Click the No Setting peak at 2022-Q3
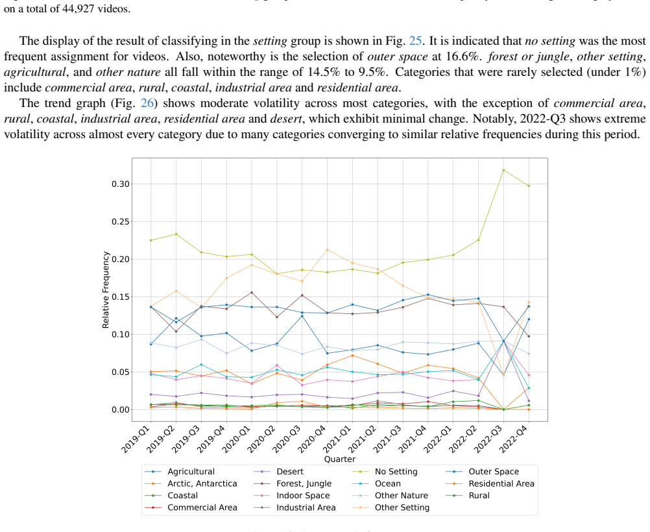[503, 170]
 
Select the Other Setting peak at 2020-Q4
[328, 250]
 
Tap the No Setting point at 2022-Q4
[529, 186]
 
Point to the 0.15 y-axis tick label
[119, 297]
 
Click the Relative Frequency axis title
[106, 290]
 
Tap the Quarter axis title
[339, 459]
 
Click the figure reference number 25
[415, 41]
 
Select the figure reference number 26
[147, 103]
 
